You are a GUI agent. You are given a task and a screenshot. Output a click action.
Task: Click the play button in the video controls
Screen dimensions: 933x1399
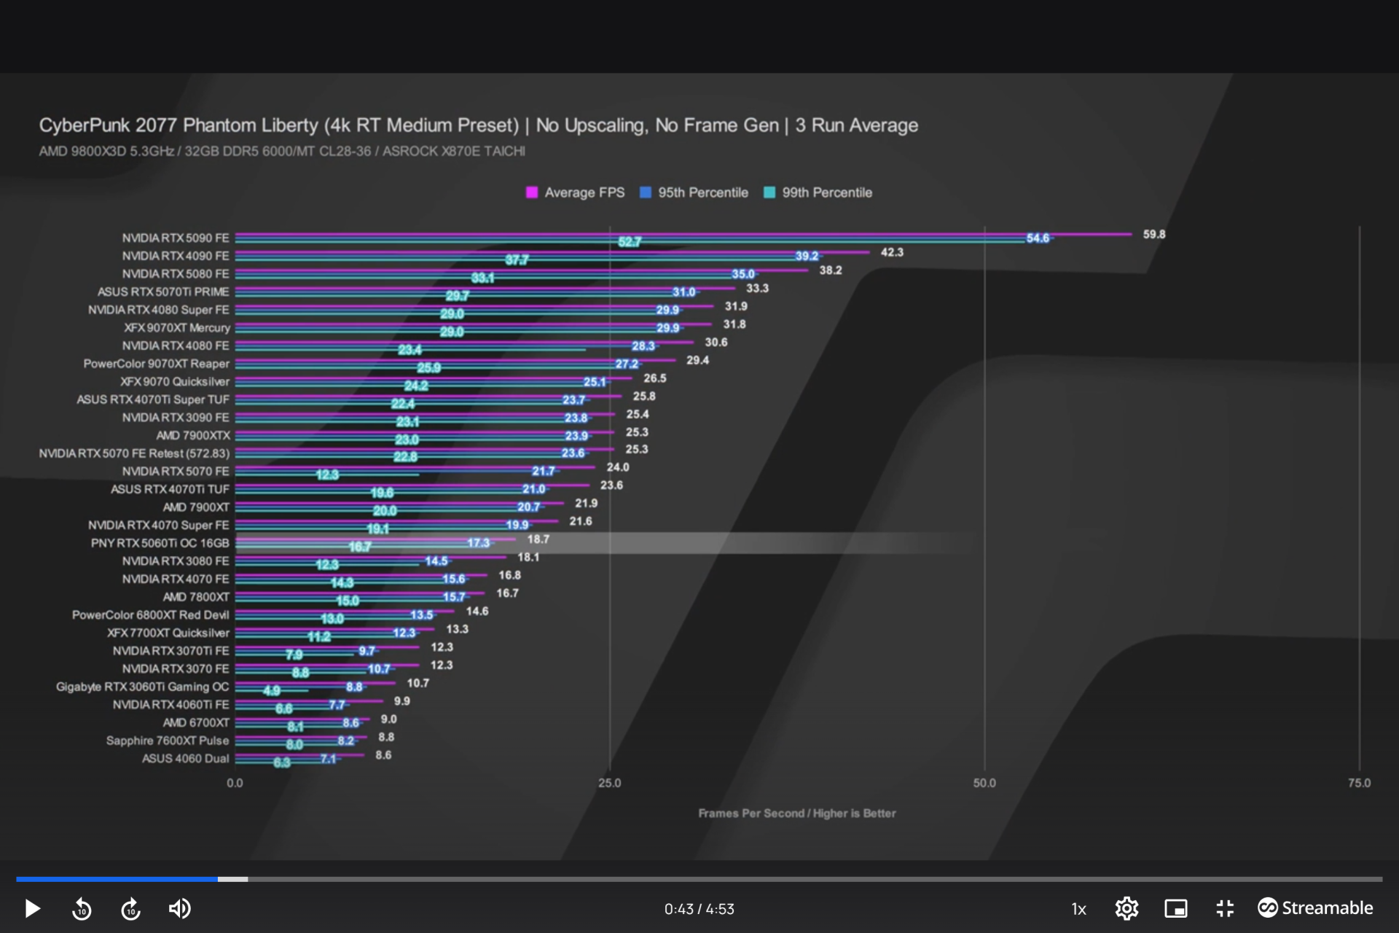(x=32, y=908)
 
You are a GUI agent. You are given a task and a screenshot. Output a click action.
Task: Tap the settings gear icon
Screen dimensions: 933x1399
(x=1126, y=908)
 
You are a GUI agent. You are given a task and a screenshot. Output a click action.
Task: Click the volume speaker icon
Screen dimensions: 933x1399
(x=179, y=908)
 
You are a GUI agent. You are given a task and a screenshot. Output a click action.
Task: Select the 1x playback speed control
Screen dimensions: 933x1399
(x=1078, y=909)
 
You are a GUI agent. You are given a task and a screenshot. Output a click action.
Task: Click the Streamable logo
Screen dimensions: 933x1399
(x=1315, y=907)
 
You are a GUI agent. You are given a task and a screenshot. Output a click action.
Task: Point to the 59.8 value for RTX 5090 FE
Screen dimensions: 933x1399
(x=1153, y=234)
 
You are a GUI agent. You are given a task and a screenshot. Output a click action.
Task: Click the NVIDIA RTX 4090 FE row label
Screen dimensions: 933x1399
(x=176, y=256)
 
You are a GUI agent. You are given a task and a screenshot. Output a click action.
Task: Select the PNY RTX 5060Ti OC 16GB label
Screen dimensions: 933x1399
(x=160, y=543)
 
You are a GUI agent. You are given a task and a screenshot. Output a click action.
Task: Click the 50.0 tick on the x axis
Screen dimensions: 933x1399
(x=984, y=783)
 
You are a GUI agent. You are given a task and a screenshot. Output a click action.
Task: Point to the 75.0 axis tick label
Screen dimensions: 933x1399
(x=1359, y=783)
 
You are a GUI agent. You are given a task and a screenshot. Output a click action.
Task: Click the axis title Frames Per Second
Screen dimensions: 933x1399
(x=796, y=813)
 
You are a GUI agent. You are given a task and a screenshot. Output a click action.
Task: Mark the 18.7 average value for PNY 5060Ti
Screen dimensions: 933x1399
(x=538, y=539)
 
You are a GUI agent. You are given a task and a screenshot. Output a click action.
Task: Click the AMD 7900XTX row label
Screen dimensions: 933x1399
(x=193, y=435)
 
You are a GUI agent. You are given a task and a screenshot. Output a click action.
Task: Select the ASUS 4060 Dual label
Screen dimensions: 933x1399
(x=185, y=758)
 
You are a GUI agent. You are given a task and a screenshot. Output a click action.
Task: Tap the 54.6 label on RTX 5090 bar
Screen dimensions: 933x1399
(x=1038, y=238)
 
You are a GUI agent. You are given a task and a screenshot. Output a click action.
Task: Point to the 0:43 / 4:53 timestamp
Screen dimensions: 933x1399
(x=699, y=909)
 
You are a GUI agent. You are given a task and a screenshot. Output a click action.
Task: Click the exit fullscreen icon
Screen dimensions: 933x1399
(x=1225, y=908)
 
